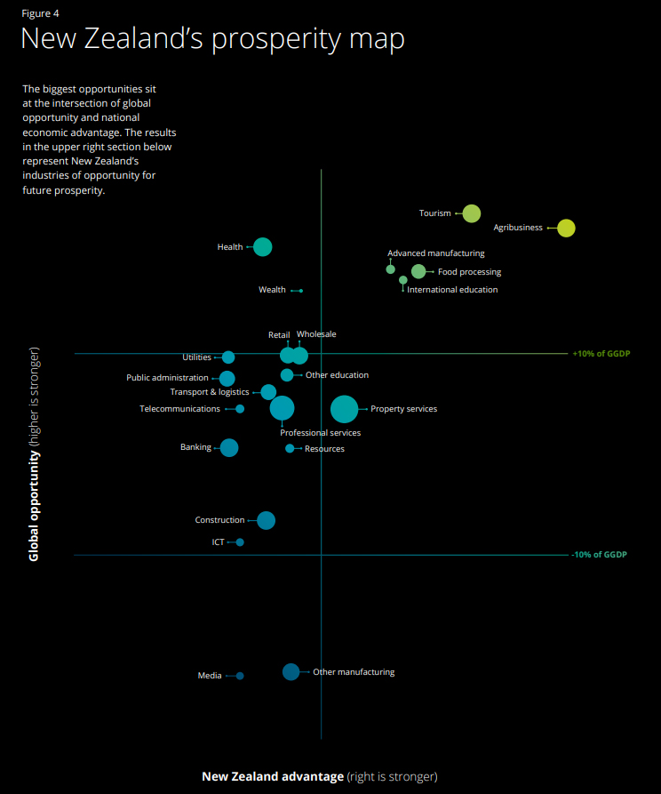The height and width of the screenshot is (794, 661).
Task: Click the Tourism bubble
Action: click(472, 213)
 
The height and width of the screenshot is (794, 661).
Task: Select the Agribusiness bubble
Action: click(566, 229)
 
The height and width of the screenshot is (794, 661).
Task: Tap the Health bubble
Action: click(262, 247)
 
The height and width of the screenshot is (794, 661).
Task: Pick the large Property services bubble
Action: click(345, 409)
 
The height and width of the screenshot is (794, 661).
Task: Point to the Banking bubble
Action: click(229, 448)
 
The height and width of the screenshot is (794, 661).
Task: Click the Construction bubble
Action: click(266, 520)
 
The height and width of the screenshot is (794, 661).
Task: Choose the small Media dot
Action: click(240, 676)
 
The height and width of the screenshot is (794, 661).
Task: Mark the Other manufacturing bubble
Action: click(291, 672)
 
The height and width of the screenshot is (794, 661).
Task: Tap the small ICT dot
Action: click(240, 542)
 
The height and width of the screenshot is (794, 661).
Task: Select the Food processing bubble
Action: click(418, 272)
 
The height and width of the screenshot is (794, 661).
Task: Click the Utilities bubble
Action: click(228, 357)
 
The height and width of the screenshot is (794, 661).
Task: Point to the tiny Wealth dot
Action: click(301, 291)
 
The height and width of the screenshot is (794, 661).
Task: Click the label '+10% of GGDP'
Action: click(600, 354)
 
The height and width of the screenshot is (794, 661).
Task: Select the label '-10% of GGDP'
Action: click(599, 555)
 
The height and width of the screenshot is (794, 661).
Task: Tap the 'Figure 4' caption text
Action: click(40, 13)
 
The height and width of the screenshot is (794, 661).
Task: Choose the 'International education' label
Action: click(452, 290)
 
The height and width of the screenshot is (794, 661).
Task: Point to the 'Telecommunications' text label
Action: click(179, 409)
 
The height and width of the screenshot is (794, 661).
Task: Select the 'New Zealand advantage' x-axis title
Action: click(272, 776)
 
